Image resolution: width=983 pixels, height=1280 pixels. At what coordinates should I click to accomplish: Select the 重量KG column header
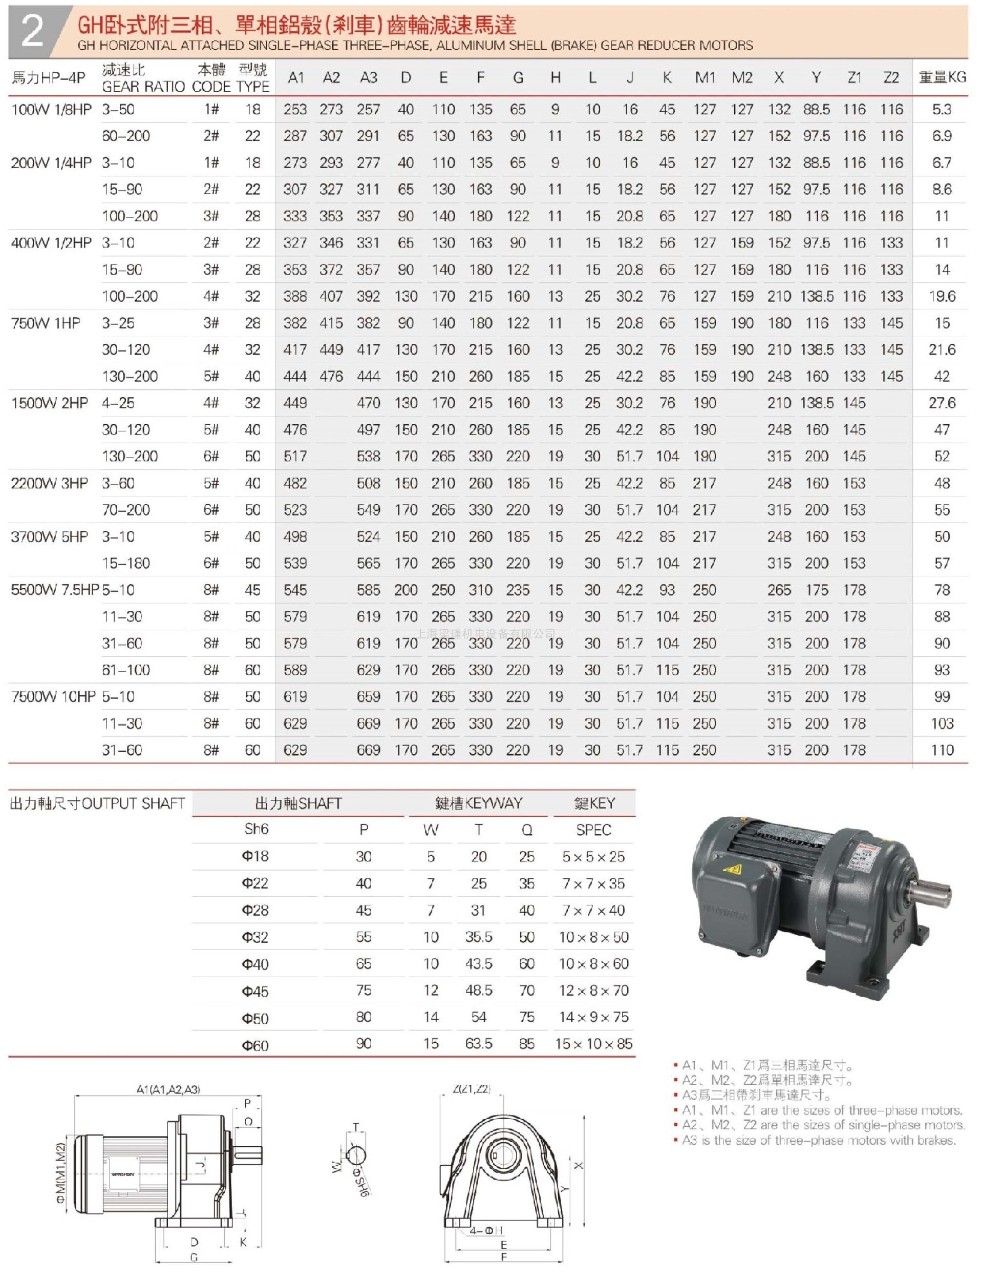942,77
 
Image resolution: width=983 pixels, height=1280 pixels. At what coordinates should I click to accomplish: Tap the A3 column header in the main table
368,77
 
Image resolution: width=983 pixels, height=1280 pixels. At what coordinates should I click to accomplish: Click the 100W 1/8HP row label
52,110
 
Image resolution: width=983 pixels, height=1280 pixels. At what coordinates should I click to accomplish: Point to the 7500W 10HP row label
53,696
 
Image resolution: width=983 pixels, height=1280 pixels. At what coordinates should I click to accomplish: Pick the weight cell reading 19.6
942,296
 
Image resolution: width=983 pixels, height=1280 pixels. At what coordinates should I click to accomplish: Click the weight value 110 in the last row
942,750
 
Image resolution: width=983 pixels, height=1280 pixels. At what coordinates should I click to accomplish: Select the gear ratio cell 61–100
126,670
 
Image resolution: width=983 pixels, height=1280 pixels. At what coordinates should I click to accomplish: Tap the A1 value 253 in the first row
295,110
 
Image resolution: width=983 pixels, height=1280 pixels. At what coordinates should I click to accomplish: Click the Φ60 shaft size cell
255,1045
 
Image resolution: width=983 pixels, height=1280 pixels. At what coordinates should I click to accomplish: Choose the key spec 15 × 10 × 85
593,1044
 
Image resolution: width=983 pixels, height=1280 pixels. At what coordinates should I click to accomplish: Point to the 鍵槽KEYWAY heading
478,803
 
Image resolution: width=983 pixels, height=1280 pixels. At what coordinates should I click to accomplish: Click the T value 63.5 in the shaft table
479,1044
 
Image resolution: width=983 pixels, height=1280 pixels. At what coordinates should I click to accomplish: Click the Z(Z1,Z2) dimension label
471,1089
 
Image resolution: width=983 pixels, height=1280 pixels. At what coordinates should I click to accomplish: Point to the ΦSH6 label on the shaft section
361,1183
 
